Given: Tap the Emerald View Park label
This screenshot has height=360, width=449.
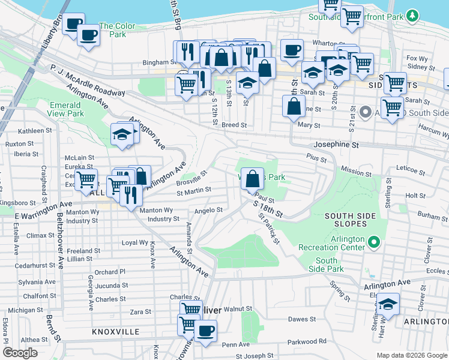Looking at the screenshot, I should pos(66,109).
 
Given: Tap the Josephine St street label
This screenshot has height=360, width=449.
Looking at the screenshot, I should pos(336,145).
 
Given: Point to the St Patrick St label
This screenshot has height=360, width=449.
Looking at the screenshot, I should pos(269,230).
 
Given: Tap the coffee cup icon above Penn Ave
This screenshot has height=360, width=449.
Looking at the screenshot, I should pos(205,331).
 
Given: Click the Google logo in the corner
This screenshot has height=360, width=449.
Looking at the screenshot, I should pos(20,352).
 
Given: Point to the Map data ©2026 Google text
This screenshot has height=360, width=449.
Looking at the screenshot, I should pos(411,355).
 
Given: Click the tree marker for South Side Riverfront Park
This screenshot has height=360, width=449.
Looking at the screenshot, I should pos(412,15).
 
